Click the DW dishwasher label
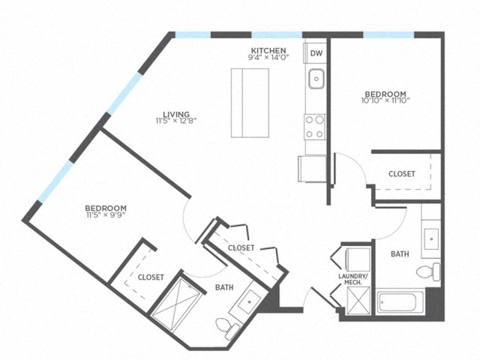316,53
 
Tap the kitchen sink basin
316,79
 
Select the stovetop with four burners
315,127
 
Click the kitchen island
250,103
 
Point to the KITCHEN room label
268,50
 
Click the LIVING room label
176,115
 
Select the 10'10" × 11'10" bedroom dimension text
385,100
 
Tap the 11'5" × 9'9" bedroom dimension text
106,214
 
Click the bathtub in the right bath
400,302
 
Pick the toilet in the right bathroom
428,271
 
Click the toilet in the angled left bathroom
227,328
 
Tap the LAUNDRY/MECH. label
353,279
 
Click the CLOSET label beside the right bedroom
402,173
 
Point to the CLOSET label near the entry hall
241,247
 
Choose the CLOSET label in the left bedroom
151,277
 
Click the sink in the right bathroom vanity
431,238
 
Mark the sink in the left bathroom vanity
249,301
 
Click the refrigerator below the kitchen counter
312,169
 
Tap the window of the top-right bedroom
388,34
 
